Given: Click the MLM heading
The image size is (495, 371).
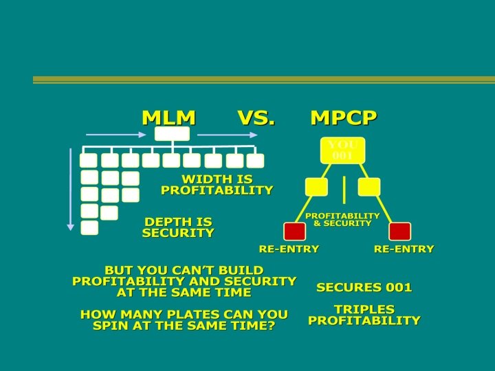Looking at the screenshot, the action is point(168,117).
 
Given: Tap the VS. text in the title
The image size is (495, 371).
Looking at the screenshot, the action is point(256,117).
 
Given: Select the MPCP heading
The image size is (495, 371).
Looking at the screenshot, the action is point(343,117).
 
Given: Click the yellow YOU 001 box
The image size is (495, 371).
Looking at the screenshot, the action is point(342,150).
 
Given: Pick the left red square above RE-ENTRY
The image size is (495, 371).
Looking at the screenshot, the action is point(294,232).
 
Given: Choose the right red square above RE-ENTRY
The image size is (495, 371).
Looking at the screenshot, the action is point(399,232).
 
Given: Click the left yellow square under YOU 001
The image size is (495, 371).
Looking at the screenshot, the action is point(316,186).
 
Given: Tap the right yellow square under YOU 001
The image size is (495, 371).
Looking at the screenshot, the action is point(369,186).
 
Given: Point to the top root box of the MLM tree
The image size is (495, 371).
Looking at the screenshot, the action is point(171,134).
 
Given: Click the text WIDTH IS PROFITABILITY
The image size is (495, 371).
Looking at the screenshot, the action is point(217,184).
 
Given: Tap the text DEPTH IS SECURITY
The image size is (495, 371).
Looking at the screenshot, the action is point(178,227).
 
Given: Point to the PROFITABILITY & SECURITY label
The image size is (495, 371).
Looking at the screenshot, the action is point(342,219).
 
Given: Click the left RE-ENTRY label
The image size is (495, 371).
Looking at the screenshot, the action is point(289,249).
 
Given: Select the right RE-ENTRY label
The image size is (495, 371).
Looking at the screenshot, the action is point(404,249).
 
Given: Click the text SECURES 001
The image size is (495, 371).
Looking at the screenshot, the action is point(364,287).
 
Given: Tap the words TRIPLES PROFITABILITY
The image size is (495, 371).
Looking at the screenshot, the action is point(364,315).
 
